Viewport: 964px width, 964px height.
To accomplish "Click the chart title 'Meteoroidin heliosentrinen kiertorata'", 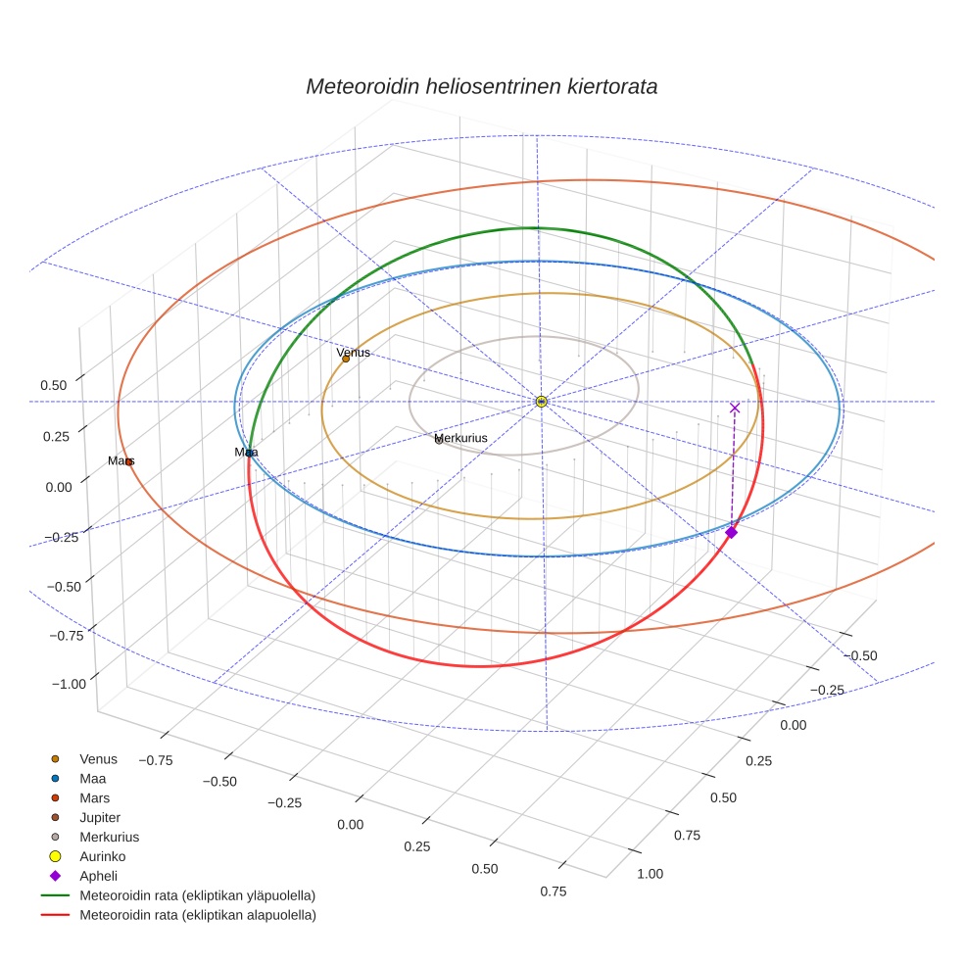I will click(481, 86).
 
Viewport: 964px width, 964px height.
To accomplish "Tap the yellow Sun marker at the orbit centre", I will click(541, 402).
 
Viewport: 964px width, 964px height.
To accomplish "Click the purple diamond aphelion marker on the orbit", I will click(731, 532).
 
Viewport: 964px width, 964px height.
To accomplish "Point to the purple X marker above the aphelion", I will click(735, 408).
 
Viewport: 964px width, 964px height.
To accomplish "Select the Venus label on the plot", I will click(353, 353).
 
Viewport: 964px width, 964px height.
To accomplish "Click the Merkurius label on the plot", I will click(460, 438).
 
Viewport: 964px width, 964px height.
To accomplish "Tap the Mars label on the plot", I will click(120, 460).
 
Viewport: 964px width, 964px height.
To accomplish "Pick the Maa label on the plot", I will click(246, 452).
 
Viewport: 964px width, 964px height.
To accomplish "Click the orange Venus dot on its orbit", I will click(346, 359).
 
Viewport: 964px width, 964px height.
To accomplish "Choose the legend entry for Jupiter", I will click(100, 817).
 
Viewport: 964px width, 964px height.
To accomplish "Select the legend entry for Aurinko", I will click(103, 856).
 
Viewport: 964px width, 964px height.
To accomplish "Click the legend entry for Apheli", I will click(98, 876).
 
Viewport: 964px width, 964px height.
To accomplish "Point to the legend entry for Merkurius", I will click(109, 837).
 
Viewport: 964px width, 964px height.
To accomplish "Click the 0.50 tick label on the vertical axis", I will click(54, 385).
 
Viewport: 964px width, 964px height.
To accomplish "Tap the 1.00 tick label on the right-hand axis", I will click(650, 874).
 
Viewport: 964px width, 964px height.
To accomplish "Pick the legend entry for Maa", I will click(93, 778).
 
